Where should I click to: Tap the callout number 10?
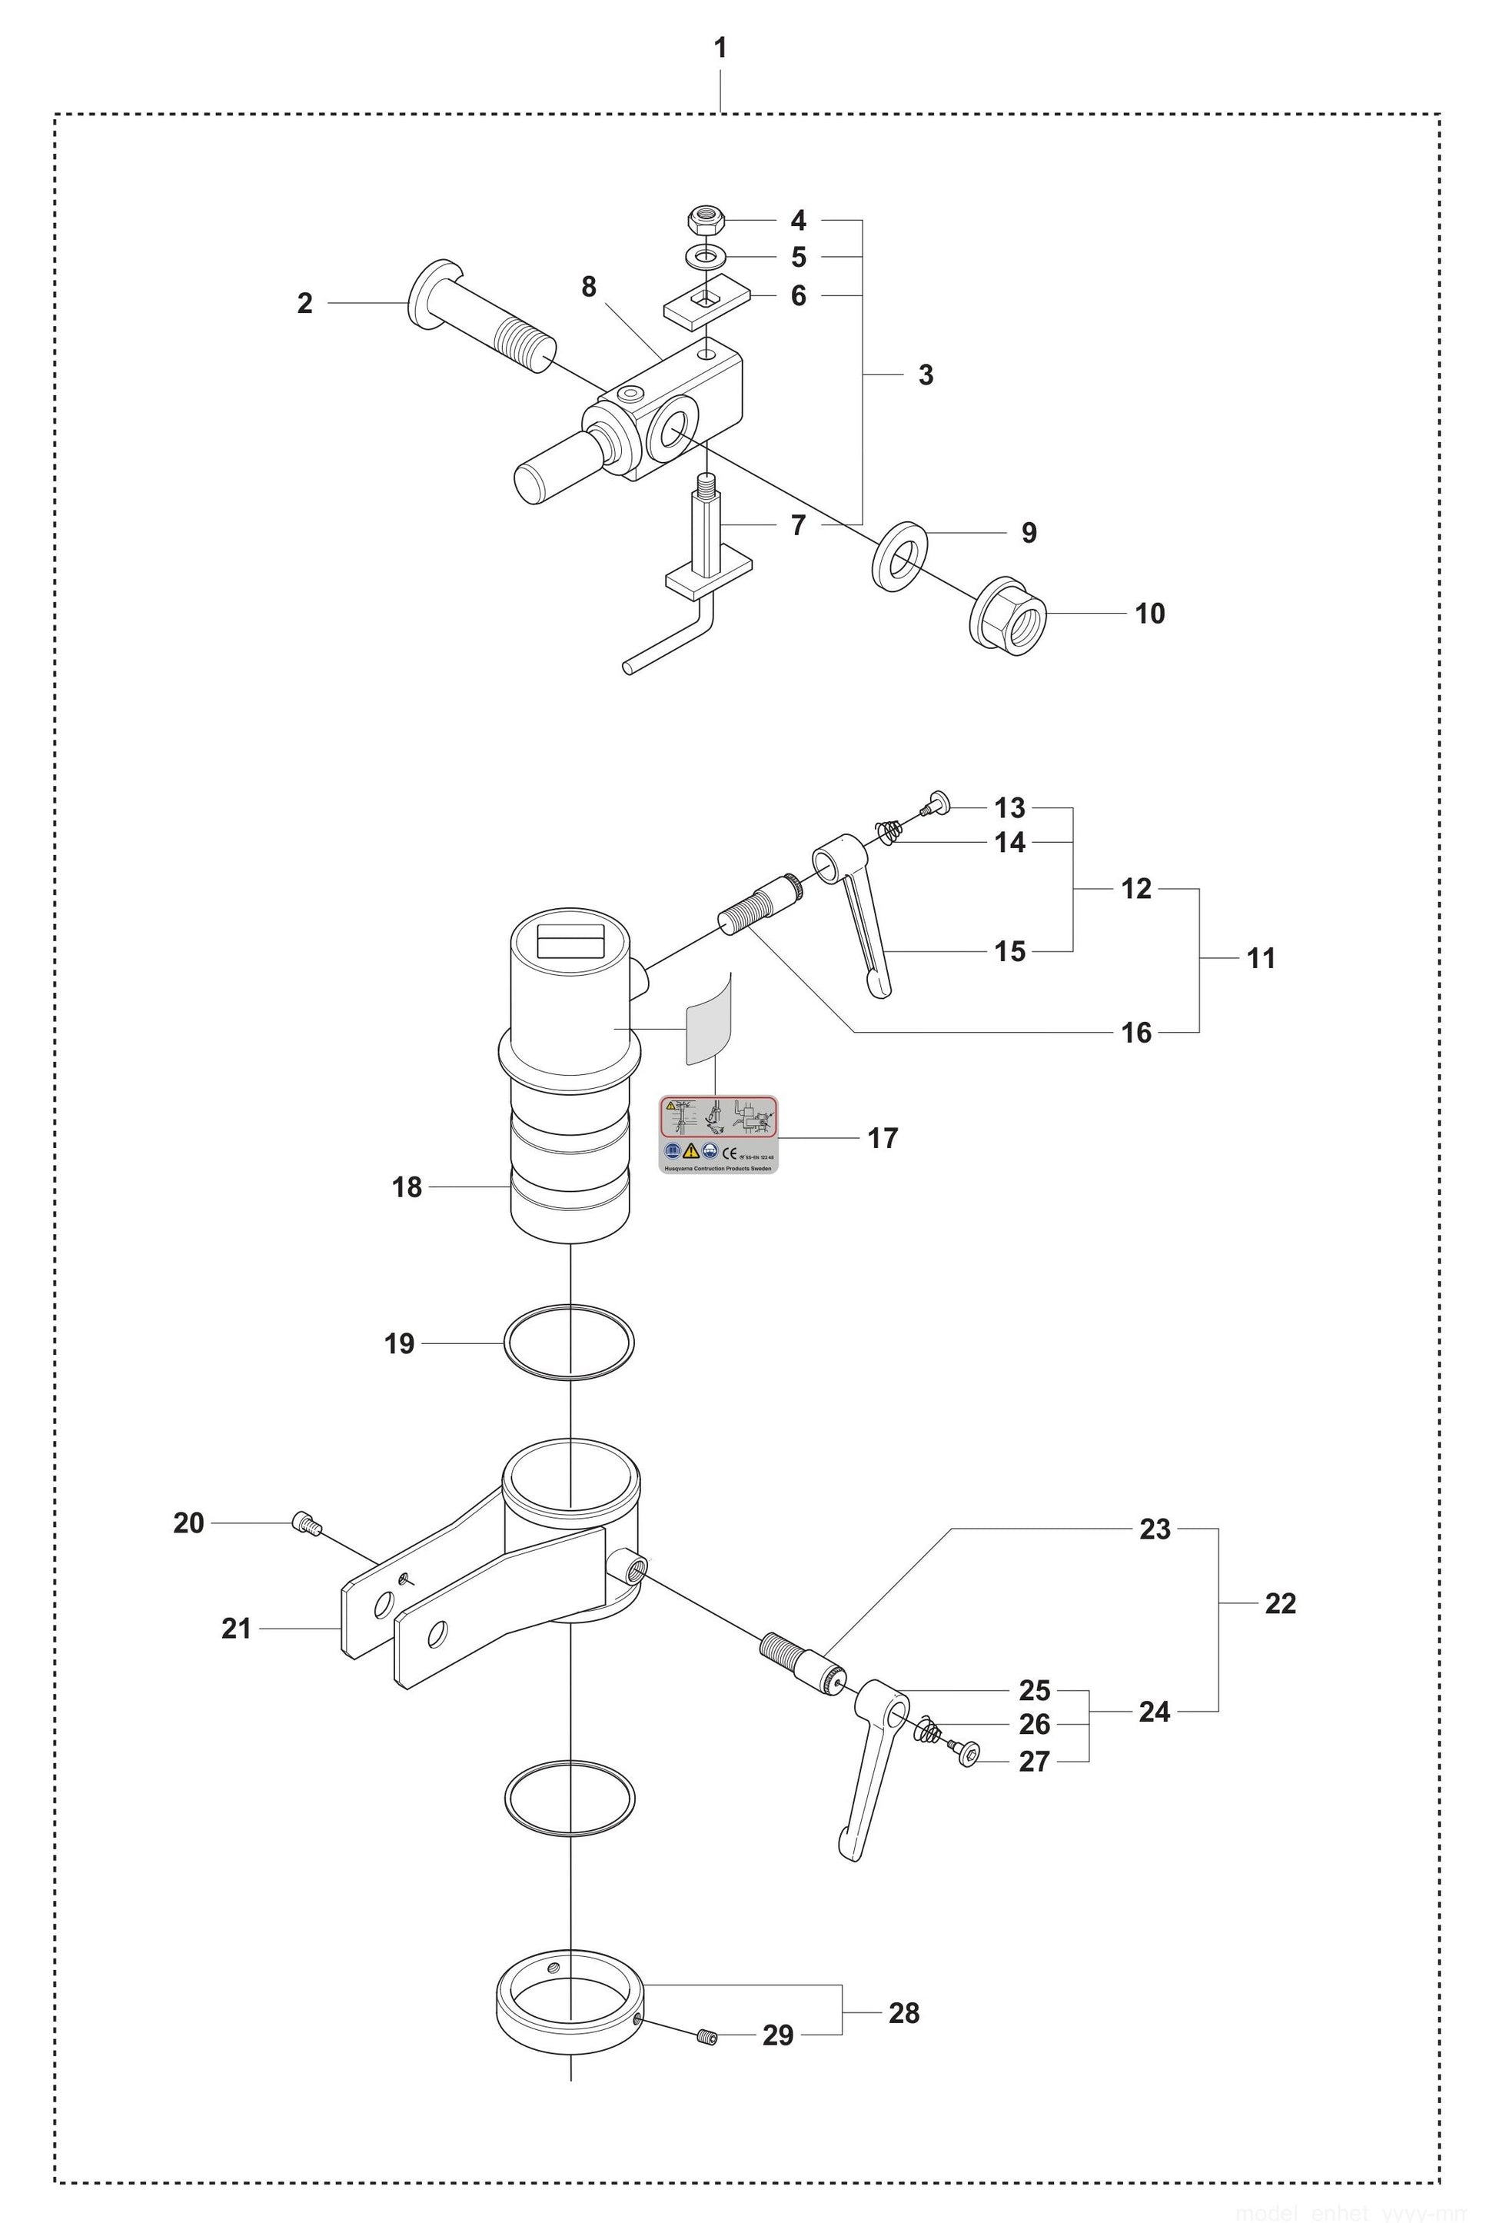click(x=1149, y=614)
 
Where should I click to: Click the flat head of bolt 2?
click(x=427, y=293)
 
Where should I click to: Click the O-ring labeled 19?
click(x=569, y=1343)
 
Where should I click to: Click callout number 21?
click(x=236, y=1628)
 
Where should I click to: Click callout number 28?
click(x=903, y=2012)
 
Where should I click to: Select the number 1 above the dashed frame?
click(x=720, y=48)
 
